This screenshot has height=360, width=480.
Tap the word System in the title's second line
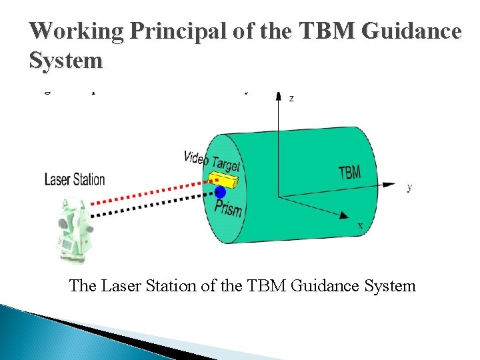click(66, 61)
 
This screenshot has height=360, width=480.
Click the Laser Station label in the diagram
click(75, 179)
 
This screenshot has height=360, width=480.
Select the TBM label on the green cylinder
click(349, 172)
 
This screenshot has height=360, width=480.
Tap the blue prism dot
click(220, 193)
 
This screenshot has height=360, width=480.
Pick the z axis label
click(291, 98)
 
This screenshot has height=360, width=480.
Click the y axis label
click(409, 187)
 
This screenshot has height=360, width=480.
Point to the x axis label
click(361, 225)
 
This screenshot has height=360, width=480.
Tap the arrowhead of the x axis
click(345, 216)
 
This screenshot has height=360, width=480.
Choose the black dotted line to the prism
click(147, 207)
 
